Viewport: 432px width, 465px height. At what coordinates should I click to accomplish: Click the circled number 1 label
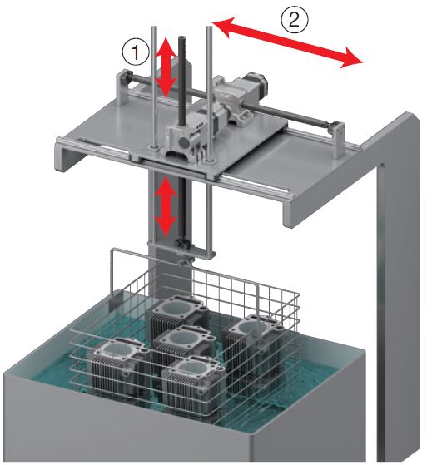pyautogui.click(x=136, y=52)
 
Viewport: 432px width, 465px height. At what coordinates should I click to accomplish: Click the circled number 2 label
pyautogui.click(x=295, y=20)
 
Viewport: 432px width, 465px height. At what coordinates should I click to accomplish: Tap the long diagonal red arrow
pyautogui.click(x=287, y=42)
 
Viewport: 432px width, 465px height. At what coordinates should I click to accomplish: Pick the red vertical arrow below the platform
pyautogui.click(x=166, y=206)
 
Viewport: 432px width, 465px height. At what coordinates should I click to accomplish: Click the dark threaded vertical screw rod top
pyautogui.click(x=181, y=38)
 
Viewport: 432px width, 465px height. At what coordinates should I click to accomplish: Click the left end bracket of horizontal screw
pyautogui.click(x=122, y=87)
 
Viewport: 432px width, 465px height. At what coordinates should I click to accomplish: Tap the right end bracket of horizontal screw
pyautogui.click(x=339, y=140)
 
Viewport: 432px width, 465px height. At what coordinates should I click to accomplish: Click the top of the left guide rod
pyautogui.click(x=154, y=27)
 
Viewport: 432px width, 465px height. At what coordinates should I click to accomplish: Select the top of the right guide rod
pyautogui.click(x=210, y=27)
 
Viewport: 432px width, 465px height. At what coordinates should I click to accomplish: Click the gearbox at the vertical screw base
pyautogui.click(x=181, y=140)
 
